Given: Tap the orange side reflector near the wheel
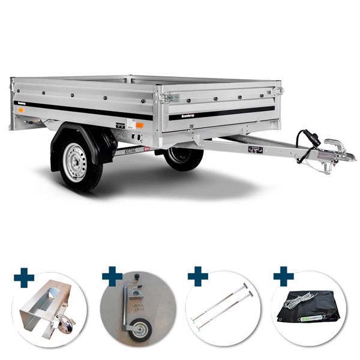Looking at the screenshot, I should [x=139, y=125].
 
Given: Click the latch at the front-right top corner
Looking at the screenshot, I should [x=277, y=91].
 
